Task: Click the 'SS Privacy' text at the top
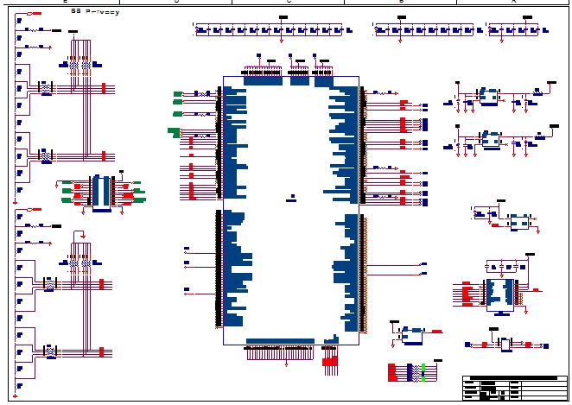coord(95,12)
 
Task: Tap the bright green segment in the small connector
coord(423,371)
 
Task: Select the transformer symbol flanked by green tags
coord(101,190)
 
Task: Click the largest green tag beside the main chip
coord(174,131)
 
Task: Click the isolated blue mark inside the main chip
coord(293,196)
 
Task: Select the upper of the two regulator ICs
coord(490,97)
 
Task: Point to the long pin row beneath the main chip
coord(281,352)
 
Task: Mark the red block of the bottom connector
coord(392,372)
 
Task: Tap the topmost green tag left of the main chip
coord(177,93)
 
